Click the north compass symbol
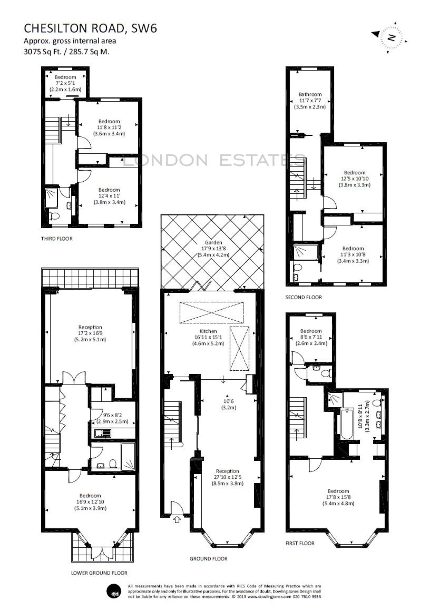[390, 37]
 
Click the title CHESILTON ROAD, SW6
[91, 28]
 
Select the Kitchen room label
[208, 331]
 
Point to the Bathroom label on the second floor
[310, 94]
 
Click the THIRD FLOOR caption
[56, 239]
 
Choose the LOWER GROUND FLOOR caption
[99, 573]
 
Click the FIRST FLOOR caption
[300, 543]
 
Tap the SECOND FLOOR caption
[304, 297]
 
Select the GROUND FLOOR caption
[209, 559]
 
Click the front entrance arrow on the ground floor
[177, 519]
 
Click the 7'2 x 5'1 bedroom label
[65, 83]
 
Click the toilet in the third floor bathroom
[54, 215]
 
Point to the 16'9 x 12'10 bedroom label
[91, 502]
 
